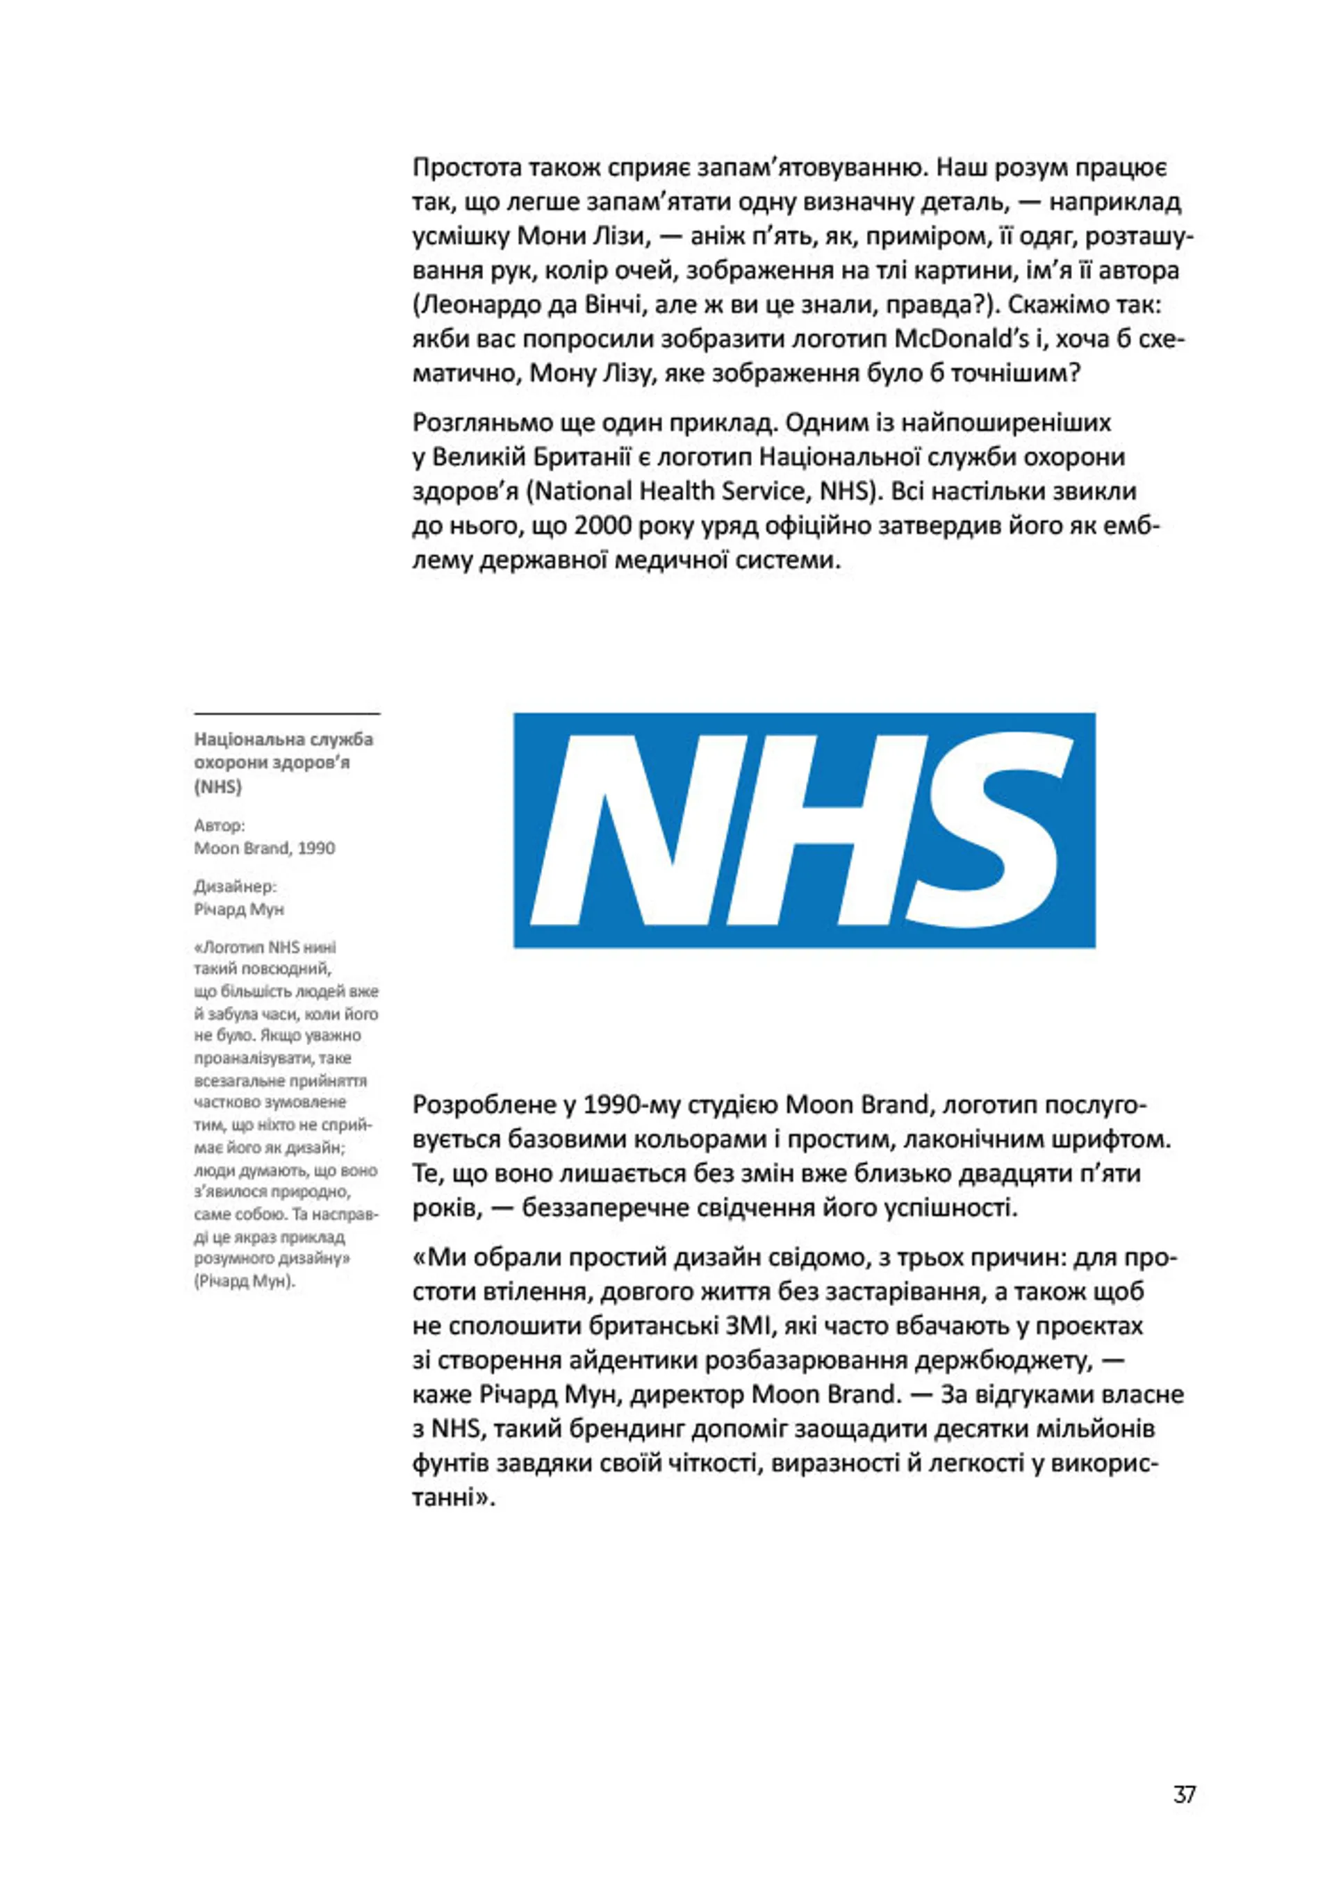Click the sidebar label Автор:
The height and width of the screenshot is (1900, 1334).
(x=220, y=825)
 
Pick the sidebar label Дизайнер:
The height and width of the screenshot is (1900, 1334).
(x=235, y=886)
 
